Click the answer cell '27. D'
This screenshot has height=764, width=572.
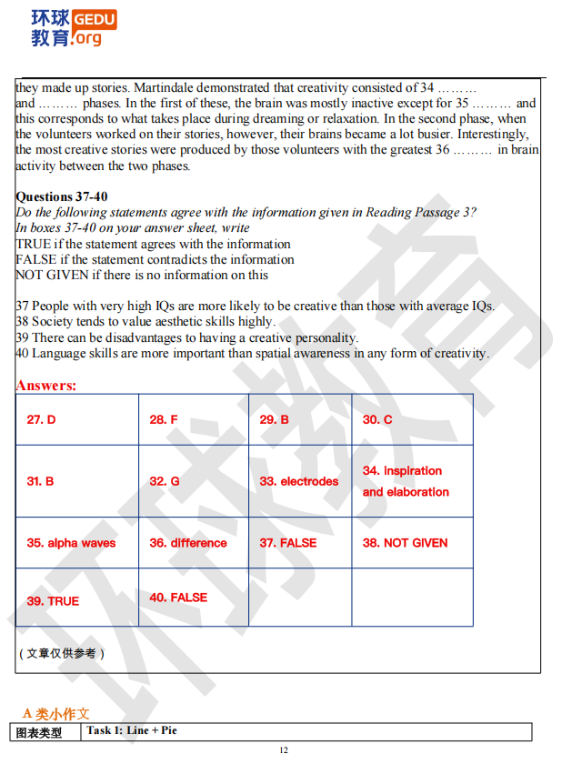pyautogui.click(x=41, y=419)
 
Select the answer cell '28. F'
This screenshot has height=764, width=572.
pyautogui.click(x=164, y=419)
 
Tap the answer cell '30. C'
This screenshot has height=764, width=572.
pyautogui.click(x=377, y=419)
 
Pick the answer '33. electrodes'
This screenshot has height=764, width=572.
pyautogui.click(x=298, y=481)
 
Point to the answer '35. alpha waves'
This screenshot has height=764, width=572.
pyautogui.click(x=71, y=543)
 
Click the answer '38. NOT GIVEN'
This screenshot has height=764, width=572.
pyautogui.click(x=405, y=543)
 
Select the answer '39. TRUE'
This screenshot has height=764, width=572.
pyautogui.click(x=53, y=601)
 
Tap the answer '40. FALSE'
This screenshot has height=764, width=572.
pyautogui.click(x=178, y=598)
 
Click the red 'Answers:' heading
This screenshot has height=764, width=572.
pyautogui.click(x=45, y=386)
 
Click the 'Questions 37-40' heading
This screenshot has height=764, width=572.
pyautogui.click(x=62, y=196)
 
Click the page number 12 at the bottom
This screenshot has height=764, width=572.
pyautogui.click(x=284, y=750)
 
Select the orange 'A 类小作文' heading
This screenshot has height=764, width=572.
pyautogui.click(x=56, y=714)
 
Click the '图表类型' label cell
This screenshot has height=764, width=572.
pyautogui.click(x=41, y=732)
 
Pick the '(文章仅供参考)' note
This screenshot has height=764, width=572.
pyautogui.click(x=62, y=653)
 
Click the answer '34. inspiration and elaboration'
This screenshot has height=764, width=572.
pyautogui.click(x=406, y=481)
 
